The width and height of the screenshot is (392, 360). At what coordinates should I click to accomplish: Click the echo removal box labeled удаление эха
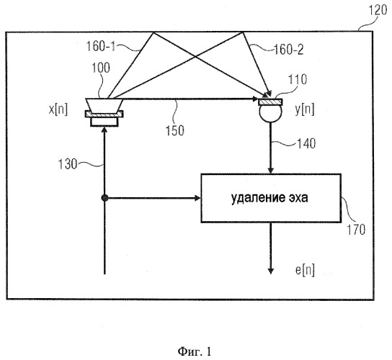click(271, 198)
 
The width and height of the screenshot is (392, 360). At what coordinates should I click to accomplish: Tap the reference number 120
click(378, 11)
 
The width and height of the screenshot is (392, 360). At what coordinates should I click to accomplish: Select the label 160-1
click(100, 46)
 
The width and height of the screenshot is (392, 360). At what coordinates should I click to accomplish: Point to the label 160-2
click(289, 50)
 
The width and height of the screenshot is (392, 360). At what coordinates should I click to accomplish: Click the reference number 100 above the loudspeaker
click(101, 68)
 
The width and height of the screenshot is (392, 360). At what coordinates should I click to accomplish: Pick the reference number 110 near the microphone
click(298, 80)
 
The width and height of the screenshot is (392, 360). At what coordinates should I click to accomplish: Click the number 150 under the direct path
click(175, 130)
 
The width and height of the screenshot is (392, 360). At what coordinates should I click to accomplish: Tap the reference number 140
click(306, 144)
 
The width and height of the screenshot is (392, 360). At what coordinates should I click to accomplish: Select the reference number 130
click(68, 164)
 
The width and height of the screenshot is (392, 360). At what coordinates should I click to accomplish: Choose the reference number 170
click(356, 230)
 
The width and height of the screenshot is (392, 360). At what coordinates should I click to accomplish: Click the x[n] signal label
click(58, 109)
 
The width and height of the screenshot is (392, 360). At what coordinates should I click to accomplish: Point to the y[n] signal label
click(305, 109)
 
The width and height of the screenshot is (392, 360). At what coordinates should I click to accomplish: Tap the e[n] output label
click(305, 270)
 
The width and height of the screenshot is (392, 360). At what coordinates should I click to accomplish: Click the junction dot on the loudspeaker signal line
click(104, 198)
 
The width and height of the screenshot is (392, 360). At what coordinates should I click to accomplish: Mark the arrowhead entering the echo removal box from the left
click(198, 198)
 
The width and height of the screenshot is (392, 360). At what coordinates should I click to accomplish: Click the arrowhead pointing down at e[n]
click(271, 271)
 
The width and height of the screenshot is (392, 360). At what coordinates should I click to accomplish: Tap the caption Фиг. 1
click(195, 352)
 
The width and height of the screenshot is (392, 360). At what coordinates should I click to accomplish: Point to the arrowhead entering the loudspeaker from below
click(104, 129)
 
